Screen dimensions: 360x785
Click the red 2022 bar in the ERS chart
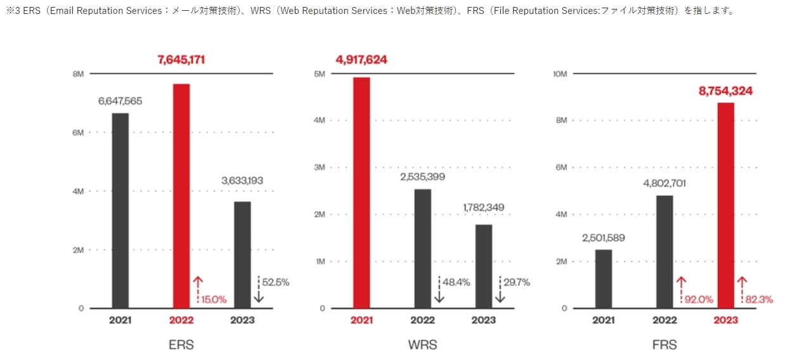click(x=181, y=196)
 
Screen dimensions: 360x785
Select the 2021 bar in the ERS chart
click(x=120, y=210)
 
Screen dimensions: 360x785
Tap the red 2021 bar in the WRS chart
click(x=361, y=193)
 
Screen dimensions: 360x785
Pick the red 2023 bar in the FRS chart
click(x=725, y=205)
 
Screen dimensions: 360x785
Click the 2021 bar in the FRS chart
click(x=604, y=279)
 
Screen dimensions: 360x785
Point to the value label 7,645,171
click(x=181, y=60)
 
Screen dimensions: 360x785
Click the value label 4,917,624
click(x=361, y=60)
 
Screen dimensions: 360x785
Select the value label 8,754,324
click(x=725, y=91)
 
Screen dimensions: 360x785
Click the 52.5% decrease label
click(x=276, y=282)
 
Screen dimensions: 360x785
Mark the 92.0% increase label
click(x=699, y=299)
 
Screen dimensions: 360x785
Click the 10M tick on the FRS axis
click(x=560, y=74)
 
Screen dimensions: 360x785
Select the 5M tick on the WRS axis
click(x=320, y=74)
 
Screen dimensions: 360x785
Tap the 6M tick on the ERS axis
click(x=78, y=132)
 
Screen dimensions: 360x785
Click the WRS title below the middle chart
click(x=422, y=345)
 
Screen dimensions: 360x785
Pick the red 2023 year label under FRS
click(x=725, y=320)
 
